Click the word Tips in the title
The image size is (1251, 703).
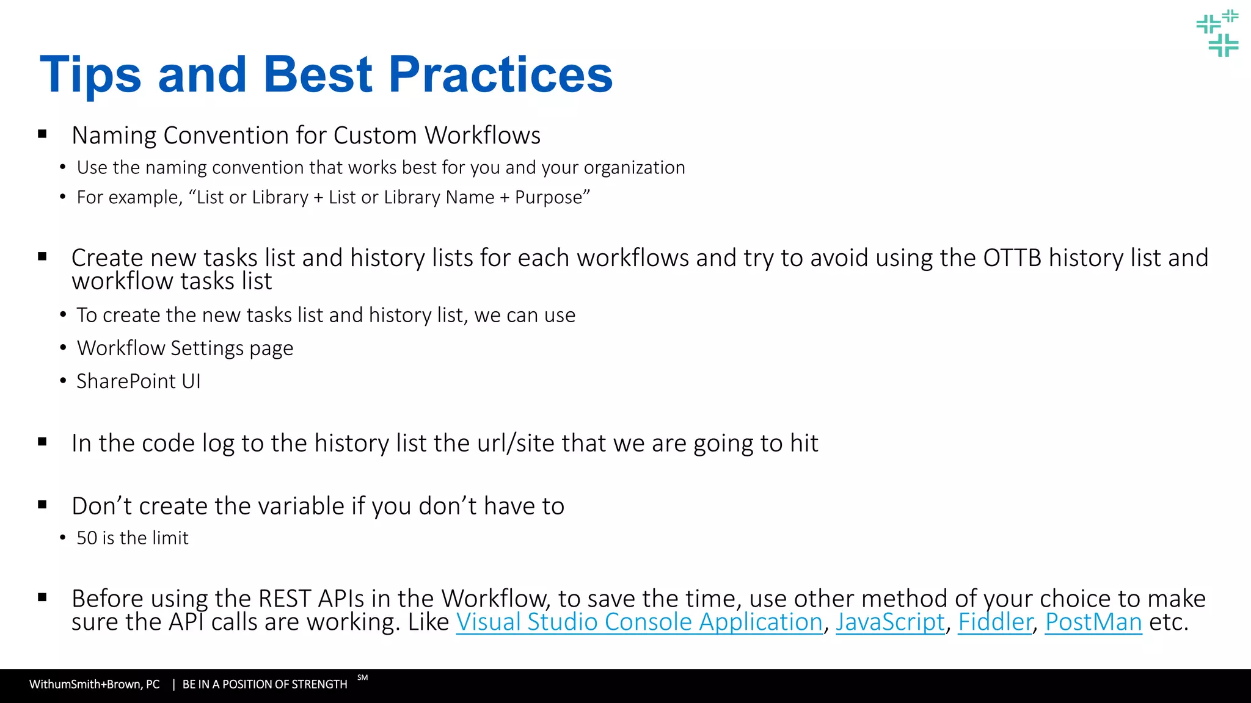(x=90, y=74)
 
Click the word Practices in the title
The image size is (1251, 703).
(x=500, y=74)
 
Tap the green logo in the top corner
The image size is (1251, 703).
(x=1217, y=34)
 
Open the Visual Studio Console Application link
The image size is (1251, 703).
(x=639, y=622)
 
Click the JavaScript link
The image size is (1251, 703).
(x=890, y=622)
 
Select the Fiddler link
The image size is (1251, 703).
(x=994, y=622)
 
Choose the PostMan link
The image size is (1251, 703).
(x=1093, y=622)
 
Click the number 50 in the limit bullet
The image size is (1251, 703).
(x=87, y=538)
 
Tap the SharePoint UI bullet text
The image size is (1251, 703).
(x=138, y=381)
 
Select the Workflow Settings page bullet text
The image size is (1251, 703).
(x=185, y=348)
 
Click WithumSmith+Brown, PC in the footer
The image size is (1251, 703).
(x=95, y=685)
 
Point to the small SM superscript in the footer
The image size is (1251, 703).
(x=363, y=677)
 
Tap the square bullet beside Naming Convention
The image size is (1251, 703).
(x=42, y=134)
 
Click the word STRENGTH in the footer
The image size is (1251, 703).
(x=319, y=685)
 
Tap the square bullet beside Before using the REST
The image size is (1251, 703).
(x=42, y=597)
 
